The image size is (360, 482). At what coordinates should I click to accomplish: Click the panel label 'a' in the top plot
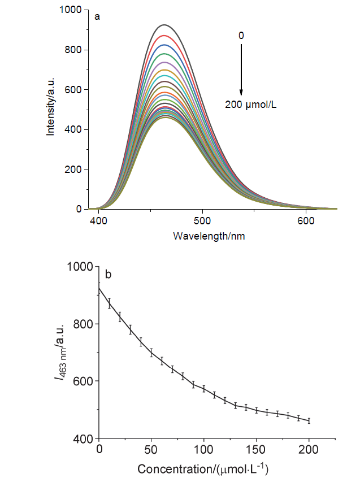tap(97, 16)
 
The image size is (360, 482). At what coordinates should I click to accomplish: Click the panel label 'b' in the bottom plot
tap(108, 275)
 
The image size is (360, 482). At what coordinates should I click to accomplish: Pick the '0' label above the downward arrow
tap(241, 35)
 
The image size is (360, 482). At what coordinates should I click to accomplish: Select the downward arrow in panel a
tap(241, 68)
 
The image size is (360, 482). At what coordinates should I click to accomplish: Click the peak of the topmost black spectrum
tap(164, 25)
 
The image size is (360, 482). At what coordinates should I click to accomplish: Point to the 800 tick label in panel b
tap(81, 324)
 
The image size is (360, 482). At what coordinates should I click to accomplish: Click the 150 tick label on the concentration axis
tap(257, 449)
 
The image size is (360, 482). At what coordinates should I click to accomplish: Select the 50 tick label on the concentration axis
tap(151, 449)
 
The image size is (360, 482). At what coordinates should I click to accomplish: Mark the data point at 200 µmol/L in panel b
tap(309, 420)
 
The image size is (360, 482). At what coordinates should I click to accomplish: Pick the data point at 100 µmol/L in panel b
tap(204, 389)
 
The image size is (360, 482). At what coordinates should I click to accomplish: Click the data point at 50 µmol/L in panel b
tap(151, 353)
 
